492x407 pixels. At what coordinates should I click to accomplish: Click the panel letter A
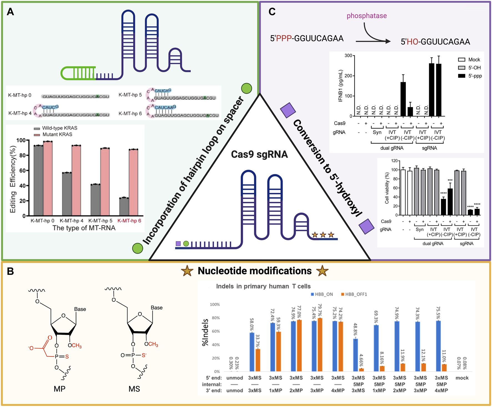10,12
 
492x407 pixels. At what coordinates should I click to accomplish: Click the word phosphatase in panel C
367,16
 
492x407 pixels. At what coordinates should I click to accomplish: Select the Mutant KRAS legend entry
57,134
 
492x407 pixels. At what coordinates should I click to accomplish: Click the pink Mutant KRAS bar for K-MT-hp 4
76,180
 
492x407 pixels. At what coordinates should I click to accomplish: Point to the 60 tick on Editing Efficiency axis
22,170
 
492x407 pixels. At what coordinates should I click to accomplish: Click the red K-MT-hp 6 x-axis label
129,221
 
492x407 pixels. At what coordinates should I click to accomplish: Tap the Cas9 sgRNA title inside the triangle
259,154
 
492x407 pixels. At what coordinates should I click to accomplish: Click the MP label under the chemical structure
59,389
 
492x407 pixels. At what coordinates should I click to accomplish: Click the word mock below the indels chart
462,378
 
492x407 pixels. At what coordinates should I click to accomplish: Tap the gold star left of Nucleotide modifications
187,271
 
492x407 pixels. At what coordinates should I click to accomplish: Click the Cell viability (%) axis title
387,188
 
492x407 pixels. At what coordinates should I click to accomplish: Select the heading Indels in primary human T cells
263,286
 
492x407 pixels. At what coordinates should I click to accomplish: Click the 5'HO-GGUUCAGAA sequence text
435,42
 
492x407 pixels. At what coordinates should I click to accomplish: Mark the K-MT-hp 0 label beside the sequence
20,95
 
